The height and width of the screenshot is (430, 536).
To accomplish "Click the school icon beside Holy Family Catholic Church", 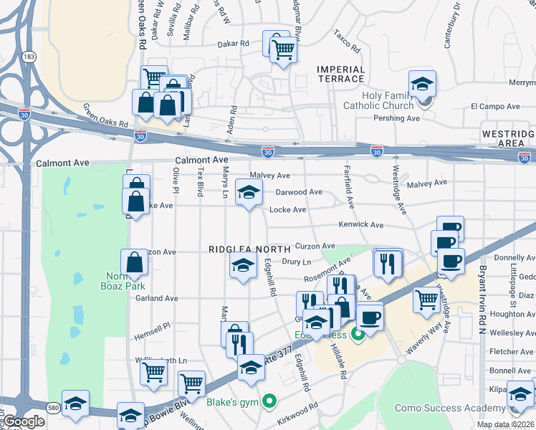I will click(x=422, y=85).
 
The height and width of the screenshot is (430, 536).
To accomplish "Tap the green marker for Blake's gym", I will click(x=269, y=401).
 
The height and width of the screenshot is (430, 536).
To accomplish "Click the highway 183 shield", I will click(x=29, y=56).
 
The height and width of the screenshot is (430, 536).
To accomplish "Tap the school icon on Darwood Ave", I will click(x=249, y=193).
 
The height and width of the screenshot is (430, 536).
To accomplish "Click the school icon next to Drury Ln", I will click(x=243, y=266).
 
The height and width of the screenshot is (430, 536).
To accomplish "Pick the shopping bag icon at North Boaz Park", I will click(x=134, y=263).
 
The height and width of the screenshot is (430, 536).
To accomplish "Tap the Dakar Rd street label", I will click(x=234, y=43).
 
